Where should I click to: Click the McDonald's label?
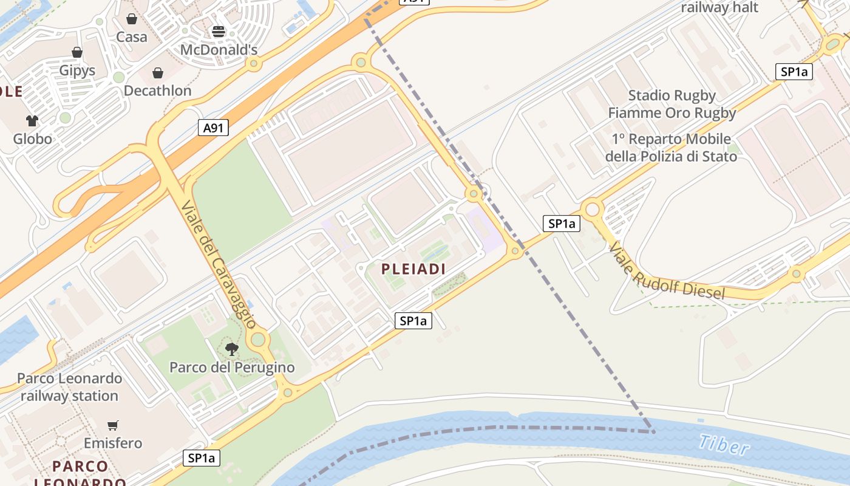point(219,50)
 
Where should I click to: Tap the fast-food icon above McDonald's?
point(219,32)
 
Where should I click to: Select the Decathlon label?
point(157,91)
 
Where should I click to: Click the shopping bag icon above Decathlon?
point(158,74)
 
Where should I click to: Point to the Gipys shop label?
point(77,70)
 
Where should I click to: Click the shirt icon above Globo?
point(32,121)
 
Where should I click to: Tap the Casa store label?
point(132,37)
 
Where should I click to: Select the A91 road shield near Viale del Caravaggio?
point(213,128)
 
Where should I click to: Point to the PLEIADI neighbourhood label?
point(413,269)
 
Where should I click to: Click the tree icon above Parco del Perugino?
point(231,349)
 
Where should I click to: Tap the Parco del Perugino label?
point(232,368)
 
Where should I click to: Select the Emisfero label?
point(113,443)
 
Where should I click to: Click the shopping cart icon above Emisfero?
point(112,425)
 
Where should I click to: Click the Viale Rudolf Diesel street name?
point(667,271)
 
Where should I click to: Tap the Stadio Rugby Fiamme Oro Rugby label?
point(671,104)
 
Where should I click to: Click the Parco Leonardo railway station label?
point(69,387)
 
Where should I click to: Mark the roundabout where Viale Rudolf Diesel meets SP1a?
point(592,210)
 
